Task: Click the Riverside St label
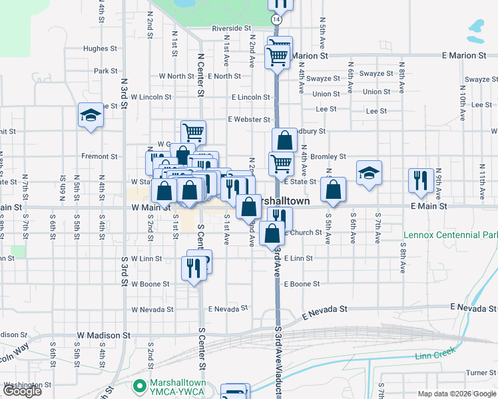231,29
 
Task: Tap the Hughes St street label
100,49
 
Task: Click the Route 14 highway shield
276,21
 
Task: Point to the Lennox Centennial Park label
451,235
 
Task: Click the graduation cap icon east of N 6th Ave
369,173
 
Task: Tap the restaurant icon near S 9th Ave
421,180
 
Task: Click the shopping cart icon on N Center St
193,132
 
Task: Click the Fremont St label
100,156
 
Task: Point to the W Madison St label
101,334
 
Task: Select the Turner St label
477,372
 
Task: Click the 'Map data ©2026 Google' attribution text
457,394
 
